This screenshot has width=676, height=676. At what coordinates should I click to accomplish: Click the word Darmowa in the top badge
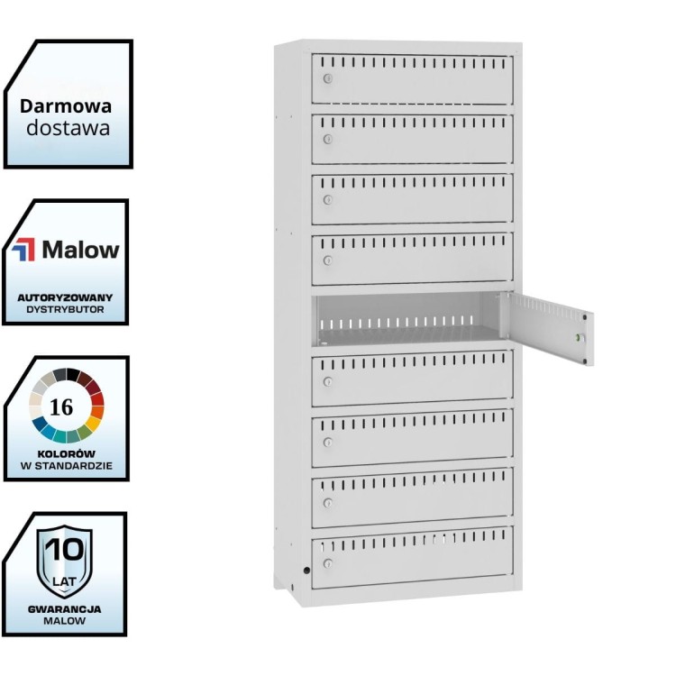(67, 105)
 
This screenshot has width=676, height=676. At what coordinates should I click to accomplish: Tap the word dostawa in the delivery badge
(68, 127)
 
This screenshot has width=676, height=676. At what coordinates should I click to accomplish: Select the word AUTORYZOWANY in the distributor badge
(66, 297)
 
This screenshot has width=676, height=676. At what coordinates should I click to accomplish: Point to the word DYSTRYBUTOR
(66, 308)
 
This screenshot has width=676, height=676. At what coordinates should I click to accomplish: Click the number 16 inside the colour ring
(62, 407)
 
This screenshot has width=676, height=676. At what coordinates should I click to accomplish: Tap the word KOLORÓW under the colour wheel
(66, 454)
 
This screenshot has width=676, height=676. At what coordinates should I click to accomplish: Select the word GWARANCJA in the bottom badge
(64, 608)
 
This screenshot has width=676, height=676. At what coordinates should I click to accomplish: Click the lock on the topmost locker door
(328, 79)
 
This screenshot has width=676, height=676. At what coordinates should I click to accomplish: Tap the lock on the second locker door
(328, 139)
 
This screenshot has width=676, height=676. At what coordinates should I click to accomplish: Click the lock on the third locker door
(328, 199)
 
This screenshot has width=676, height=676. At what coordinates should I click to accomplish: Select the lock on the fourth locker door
(328, 260)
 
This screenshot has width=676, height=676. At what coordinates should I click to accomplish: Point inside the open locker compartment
(406, 324)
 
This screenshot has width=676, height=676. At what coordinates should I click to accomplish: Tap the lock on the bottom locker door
(328, 564)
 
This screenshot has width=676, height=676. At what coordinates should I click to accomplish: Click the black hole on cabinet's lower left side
(306, 570)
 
